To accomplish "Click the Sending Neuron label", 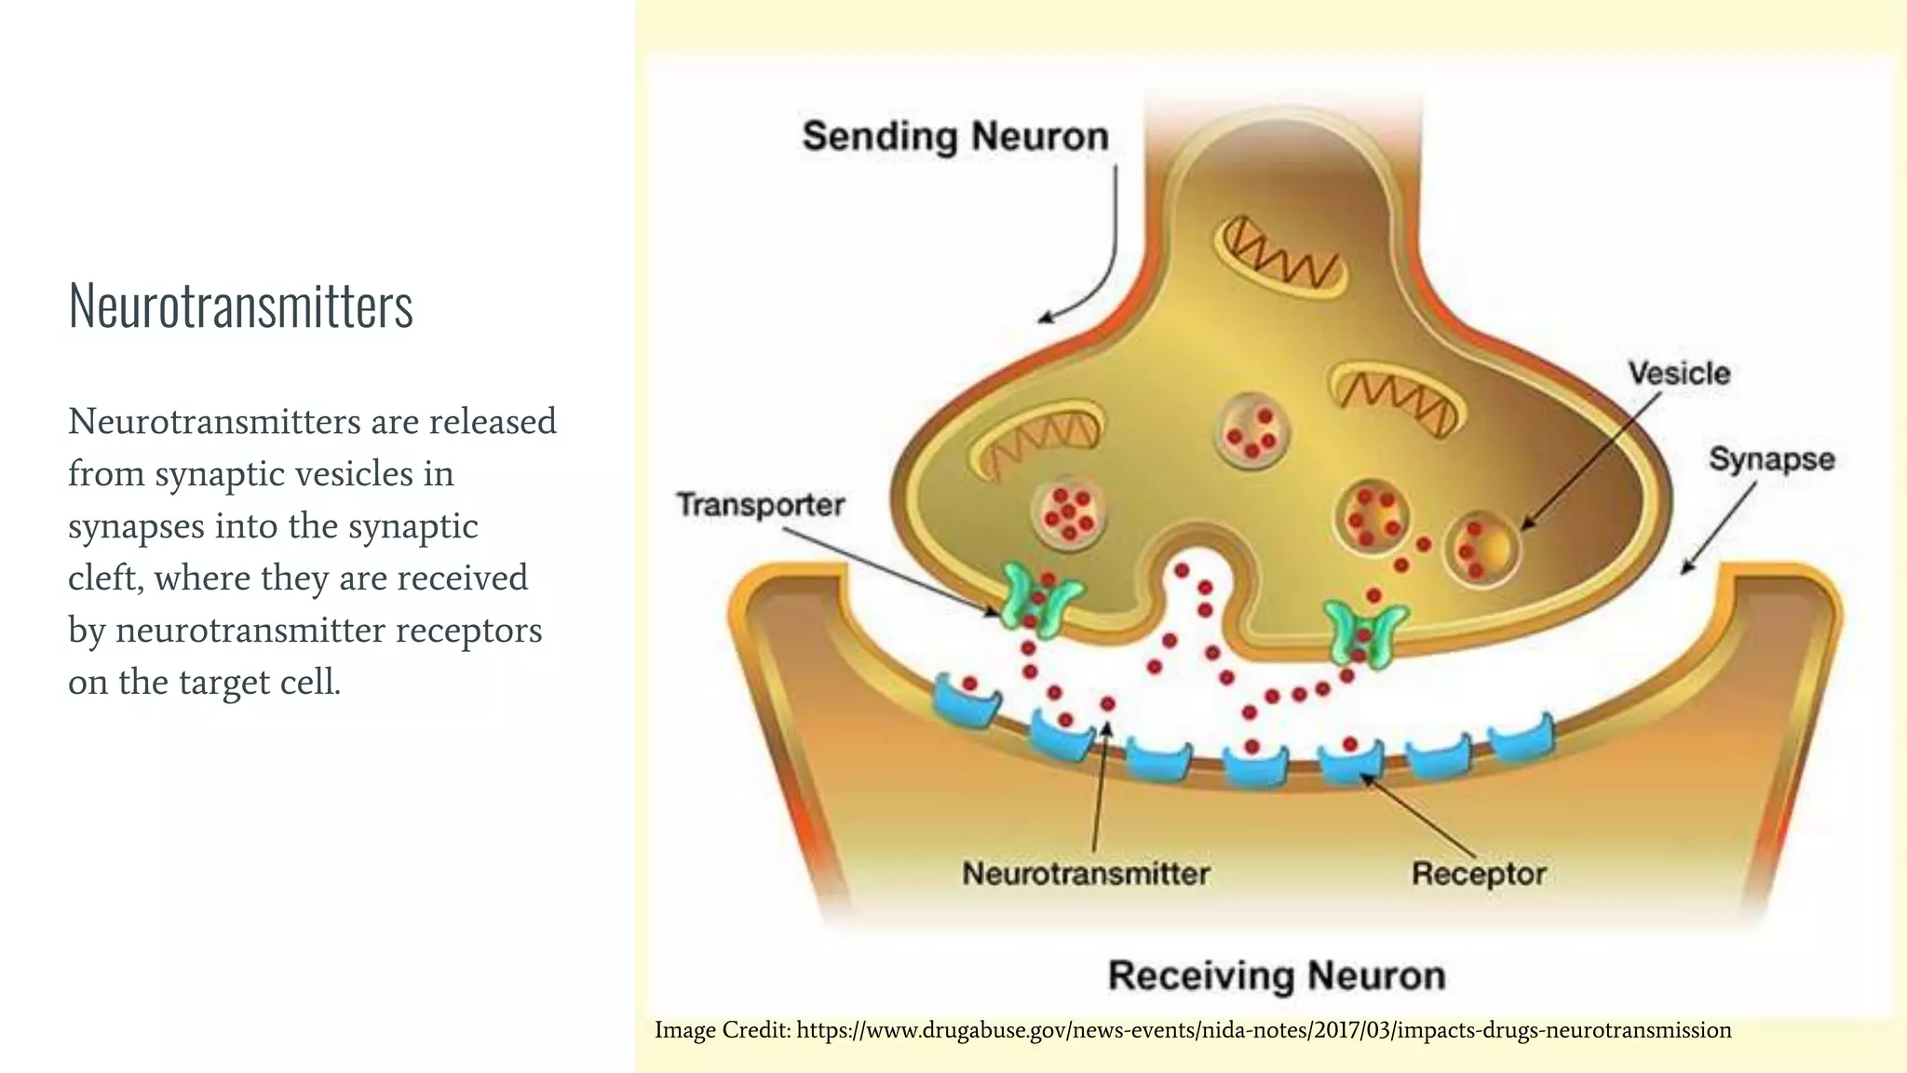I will (x=955, y=136).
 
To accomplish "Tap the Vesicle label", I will (x=1679, y=374).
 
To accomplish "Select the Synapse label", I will (x=1771, y=459).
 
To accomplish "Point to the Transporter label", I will (x=760, y=505).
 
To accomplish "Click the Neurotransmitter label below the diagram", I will (x=1085, y=874).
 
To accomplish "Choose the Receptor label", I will (x=1479, y=874).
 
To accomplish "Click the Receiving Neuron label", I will (x=1277, y=976).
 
